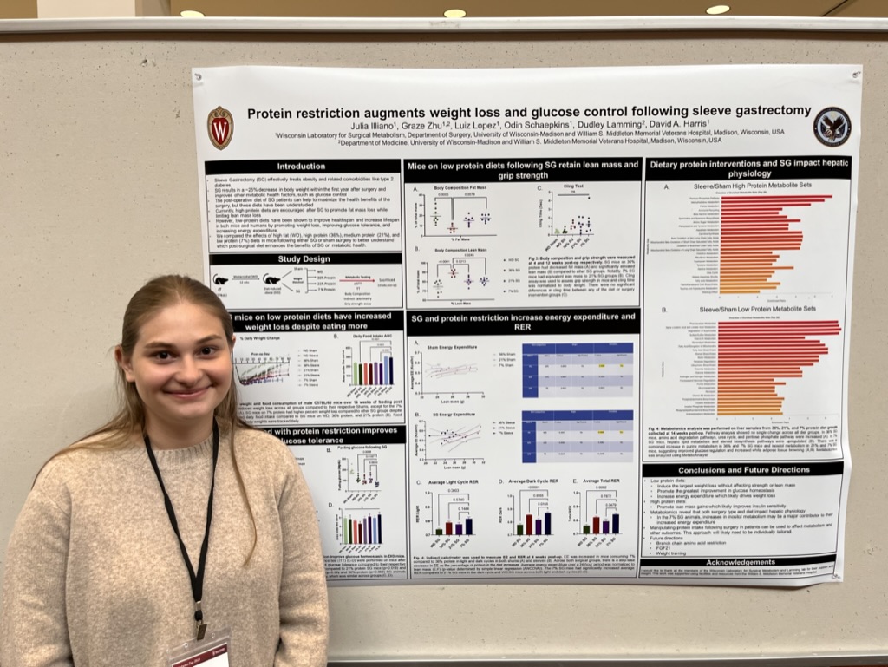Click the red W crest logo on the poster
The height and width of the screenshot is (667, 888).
220,128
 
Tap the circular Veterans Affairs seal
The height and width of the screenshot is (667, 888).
831,127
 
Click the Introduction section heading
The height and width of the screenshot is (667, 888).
302,167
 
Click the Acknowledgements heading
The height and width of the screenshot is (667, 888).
741,562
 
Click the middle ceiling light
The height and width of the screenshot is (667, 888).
454,13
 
